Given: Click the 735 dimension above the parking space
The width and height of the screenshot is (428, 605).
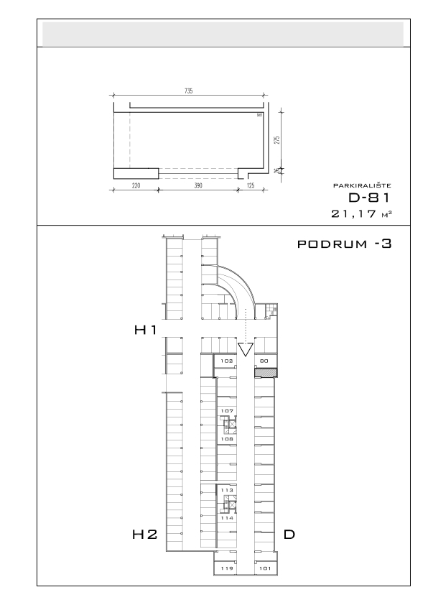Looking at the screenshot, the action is coord(189,91).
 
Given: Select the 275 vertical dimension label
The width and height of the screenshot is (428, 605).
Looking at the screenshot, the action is coord(276,139).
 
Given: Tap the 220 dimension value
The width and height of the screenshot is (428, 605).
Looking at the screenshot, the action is coord(136,185).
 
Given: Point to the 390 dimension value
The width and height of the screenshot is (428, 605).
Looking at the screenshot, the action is coord(197,185).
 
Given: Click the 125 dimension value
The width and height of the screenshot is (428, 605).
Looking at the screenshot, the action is coord(250,185).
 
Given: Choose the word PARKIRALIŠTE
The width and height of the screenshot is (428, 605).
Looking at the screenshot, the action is coord(362,185).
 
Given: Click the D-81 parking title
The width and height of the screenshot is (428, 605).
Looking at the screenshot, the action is coord(369,198).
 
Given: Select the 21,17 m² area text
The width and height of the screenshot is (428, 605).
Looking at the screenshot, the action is coord(361,213).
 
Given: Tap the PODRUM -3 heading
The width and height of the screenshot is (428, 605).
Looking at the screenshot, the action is coord(344,244).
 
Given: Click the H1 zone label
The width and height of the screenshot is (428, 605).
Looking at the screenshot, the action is coord(145,330).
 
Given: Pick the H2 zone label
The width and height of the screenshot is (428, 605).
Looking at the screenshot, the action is coord(145,535).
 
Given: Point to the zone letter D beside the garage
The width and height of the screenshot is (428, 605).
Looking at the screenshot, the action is coord(289,535).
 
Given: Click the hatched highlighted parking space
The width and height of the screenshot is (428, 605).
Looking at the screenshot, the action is coord(266,373).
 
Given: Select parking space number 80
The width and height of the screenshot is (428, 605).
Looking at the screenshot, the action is coord(264,361).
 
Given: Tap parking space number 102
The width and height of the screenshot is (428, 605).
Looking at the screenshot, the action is coord(227,361).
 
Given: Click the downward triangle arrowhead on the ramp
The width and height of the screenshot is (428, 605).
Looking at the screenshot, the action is coord(246,348).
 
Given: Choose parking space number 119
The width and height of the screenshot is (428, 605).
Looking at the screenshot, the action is coord(227,568).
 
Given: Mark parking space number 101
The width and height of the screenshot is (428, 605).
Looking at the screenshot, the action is coord(265,568).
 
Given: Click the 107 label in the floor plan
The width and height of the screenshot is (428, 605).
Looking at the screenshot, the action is coord(227,411).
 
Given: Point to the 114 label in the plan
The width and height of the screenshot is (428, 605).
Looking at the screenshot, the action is coord(227,518).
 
